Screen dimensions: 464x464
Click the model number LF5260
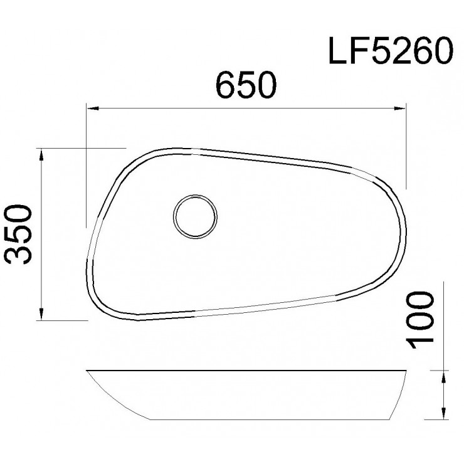pos(389,53)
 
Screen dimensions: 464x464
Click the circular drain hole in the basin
pos(196,216)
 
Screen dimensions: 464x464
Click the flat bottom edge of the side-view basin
pos(263,418)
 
